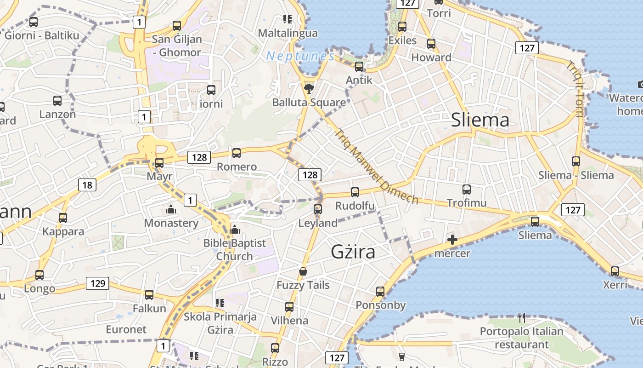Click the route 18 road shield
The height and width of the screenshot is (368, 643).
point(87,185)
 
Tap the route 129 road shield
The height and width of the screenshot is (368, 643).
point(98,283)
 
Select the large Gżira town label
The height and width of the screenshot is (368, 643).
point(353,252)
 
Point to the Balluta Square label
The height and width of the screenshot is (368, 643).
point(309,102)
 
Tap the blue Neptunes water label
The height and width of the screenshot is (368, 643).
point(300,56)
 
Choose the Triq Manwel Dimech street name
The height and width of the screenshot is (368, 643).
point(377,167)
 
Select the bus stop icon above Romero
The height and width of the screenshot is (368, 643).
point(237,153)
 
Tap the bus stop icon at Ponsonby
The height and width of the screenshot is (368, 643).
point(380,291)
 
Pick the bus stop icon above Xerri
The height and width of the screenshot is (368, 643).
point(615,271)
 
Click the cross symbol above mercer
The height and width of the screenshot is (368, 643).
point(452,240)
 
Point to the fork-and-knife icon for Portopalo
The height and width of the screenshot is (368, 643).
point(522,317)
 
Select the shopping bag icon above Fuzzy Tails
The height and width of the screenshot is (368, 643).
point(303,271)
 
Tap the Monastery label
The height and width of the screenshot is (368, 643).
point(171,223)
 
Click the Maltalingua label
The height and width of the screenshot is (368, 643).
point(288,33)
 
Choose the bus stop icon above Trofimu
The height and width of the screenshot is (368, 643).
point(467,189)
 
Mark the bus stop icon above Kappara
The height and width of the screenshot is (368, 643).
point(63,218)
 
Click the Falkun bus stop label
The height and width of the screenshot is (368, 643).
point(149,308)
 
